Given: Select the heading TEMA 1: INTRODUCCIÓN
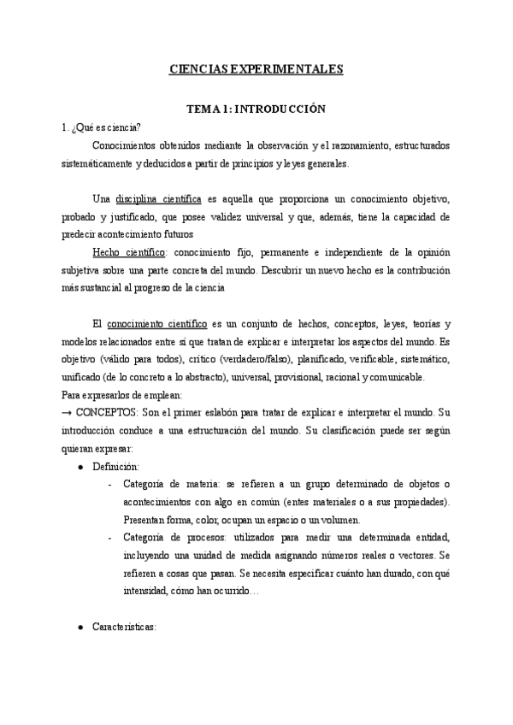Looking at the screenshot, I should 256,109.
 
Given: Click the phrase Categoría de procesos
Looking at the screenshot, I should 174,538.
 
